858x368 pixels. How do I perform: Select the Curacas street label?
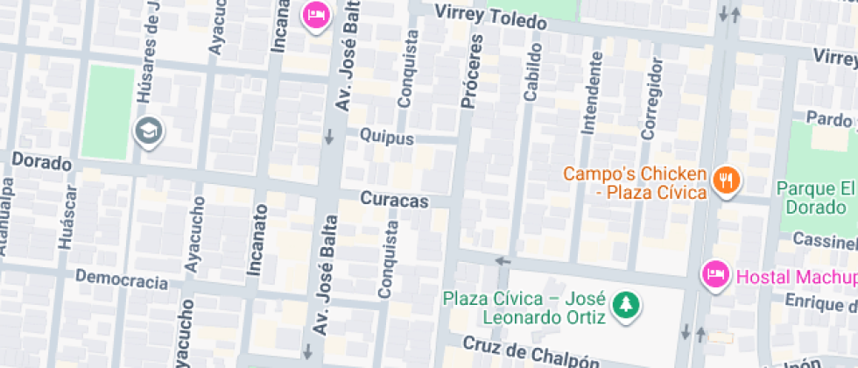[x=395, y=201]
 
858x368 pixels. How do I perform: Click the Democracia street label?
[x=121, y=279]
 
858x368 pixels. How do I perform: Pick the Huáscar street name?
[x=65, y=223]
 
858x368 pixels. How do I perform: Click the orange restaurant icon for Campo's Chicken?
[x=726, y=180]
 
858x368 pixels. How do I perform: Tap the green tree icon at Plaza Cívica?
[x=627, y=305]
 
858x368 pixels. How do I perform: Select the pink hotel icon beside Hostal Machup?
[x=715, y=276]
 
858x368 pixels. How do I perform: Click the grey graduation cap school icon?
[x=148, y=132]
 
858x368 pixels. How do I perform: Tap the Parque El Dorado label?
[x=814, y=198]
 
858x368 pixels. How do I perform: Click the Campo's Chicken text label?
[x=634, y=182]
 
